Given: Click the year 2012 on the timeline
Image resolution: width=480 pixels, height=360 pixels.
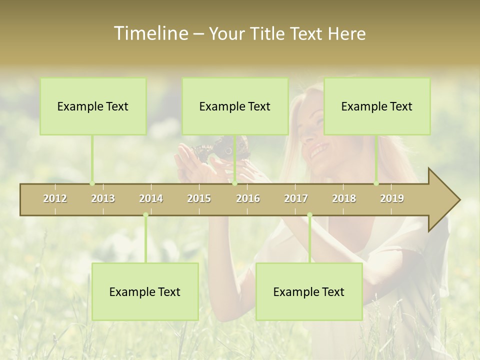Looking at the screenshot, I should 55,198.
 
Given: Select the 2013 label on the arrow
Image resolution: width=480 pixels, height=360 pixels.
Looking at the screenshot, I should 103,198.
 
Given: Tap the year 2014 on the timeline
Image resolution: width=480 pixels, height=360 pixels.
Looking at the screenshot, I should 151,198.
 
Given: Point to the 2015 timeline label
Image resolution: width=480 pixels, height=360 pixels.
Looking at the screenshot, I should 199,198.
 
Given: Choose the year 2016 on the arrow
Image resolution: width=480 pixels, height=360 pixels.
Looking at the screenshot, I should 248,198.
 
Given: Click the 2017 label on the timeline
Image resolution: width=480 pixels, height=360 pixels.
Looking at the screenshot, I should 296,198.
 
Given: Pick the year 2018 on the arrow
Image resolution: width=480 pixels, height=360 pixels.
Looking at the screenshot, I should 344,198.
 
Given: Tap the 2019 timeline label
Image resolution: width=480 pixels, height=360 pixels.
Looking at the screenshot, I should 392,198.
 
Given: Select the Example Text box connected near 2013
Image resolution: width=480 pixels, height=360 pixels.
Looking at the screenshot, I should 93,106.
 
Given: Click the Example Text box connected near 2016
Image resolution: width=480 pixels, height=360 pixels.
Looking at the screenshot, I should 235,106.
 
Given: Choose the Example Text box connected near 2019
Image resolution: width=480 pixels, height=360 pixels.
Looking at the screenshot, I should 377,106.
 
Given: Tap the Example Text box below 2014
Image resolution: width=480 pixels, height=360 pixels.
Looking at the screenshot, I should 145,292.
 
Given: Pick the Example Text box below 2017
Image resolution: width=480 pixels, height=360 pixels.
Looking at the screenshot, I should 309,292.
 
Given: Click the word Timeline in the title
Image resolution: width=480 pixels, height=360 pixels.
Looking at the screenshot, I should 150,33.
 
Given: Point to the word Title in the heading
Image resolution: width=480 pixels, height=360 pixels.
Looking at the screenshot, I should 268,34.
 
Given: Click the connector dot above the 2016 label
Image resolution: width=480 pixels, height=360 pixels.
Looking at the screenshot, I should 235,183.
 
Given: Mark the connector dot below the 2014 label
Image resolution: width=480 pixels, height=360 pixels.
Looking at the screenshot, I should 145,215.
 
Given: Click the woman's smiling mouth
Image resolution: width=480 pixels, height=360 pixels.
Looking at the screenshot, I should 319,149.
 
